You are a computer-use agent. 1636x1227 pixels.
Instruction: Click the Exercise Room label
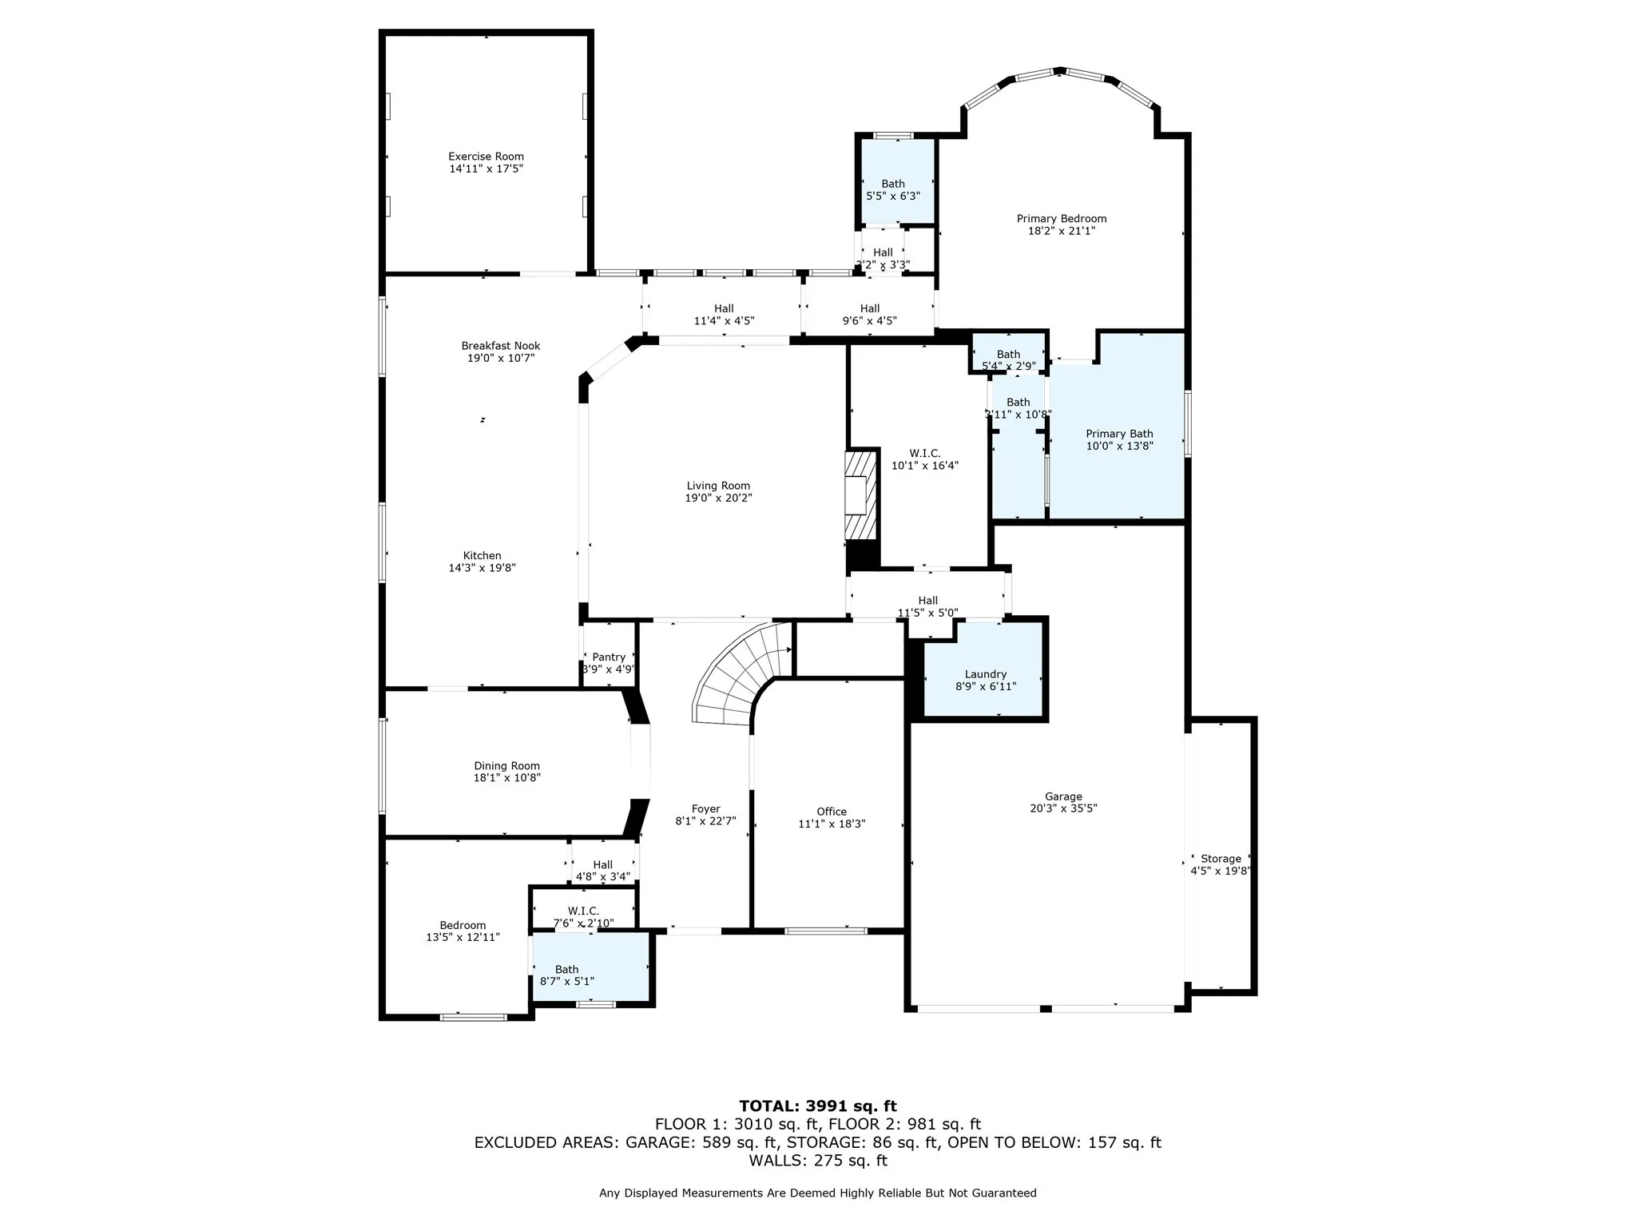(x=486, y=157)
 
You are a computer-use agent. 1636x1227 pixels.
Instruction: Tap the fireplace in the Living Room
(x=861, y=496)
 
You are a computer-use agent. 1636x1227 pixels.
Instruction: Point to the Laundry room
(x=985, y=679)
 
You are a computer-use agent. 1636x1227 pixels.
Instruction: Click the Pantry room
(x=609, y=662)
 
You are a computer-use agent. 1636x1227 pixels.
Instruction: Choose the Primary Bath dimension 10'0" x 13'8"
(x=1119, y=446)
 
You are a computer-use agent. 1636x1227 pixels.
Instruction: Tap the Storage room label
(x=1221, y=859)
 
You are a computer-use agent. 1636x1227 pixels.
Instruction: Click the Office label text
(x=832, y=812)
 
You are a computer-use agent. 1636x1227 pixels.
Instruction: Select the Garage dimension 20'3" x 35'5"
(x=1063, y=808)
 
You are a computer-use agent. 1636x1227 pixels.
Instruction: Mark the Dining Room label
(x=506, y=765)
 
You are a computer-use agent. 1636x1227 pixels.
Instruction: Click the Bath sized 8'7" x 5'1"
(x=567, y=975)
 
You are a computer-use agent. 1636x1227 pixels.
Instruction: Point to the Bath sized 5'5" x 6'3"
(x=893, y=189)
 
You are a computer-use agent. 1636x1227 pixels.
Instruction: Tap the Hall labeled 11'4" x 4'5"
(x=724, y=314)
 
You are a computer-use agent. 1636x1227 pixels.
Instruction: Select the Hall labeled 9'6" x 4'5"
(x=869, y=314)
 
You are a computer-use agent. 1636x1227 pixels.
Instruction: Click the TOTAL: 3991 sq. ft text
(x=817, y=1106)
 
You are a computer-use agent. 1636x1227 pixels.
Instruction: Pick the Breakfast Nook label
(x=500, y=346)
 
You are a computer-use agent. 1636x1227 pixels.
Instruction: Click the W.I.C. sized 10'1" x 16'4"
(x=925, y=459)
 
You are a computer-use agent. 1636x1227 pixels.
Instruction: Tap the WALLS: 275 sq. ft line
(x=817, y=1161)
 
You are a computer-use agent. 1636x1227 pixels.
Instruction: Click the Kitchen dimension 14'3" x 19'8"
(x=482, y=568)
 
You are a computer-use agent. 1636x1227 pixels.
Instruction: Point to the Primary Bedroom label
(x=1061, y=218)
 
